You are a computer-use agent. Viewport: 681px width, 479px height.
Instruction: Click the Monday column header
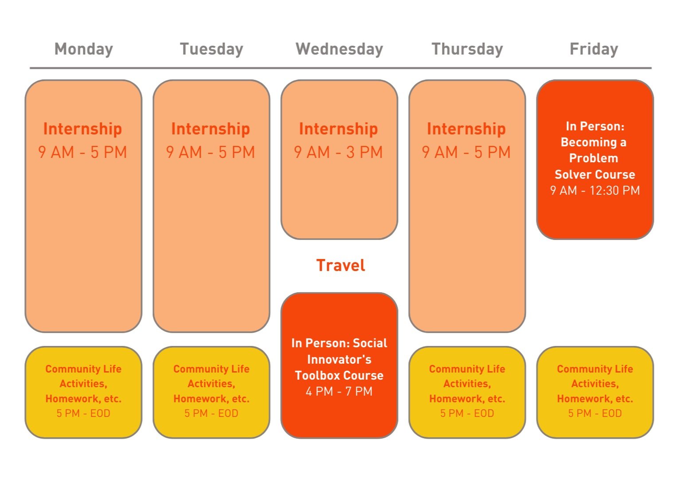pos(83,49)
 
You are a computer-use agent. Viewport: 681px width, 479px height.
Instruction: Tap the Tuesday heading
pos(211,49)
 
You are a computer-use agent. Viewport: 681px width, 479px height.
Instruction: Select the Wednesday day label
pos(339,49)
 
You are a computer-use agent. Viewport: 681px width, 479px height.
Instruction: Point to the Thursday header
pos(467,49)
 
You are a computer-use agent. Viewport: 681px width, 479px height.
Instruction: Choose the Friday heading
pos(594,49)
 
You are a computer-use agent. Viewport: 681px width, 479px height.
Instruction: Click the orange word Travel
pos(340,265)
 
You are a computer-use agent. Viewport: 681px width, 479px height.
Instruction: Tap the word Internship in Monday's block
pos(82,129)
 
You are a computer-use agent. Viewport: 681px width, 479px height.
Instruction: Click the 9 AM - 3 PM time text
pos(338,152)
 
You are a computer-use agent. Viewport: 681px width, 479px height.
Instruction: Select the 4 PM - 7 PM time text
pos(339,391)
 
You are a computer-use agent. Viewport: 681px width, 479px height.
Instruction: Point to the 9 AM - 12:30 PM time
pos(595,190)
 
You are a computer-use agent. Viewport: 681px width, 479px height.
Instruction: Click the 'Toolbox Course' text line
pos(339,375)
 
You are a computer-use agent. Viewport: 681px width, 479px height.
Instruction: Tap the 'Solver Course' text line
pos(595,174)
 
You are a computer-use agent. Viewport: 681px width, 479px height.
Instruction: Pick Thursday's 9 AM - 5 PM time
pos(466,152)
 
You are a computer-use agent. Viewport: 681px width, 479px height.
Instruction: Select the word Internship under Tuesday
pos(211,129)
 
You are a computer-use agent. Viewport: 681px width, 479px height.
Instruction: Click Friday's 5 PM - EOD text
pos(595,413)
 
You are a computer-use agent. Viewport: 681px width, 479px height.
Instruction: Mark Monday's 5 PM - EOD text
pos(83,413)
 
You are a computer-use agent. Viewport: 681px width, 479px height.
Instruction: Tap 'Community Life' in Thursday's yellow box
pos(467,369)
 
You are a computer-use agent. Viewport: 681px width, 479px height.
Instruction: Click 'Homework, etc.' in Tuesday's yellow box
pos(211,398)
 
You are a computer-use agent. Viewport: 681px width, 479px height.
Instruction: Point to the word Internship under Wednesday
pos(338,129)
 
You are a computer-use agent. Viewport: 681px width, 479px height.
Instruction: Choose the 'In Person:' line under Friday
pos(595,126)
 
